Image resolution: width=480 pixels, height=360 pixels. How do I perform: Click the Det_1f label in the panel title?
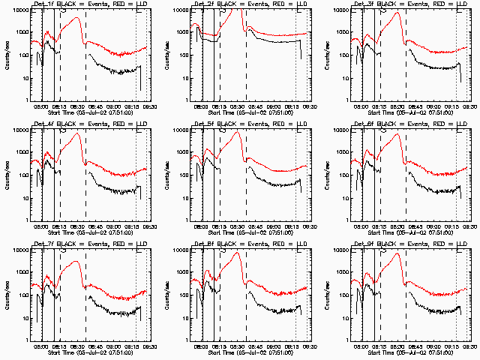[x=40, y=4]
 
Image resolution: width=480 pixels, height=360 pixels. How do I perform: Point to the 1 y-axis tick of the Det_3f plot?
[x=347, y=100]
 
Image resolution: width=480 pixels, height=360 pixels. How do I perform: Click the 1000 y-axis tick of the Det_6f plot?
[x=340, y=152]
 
